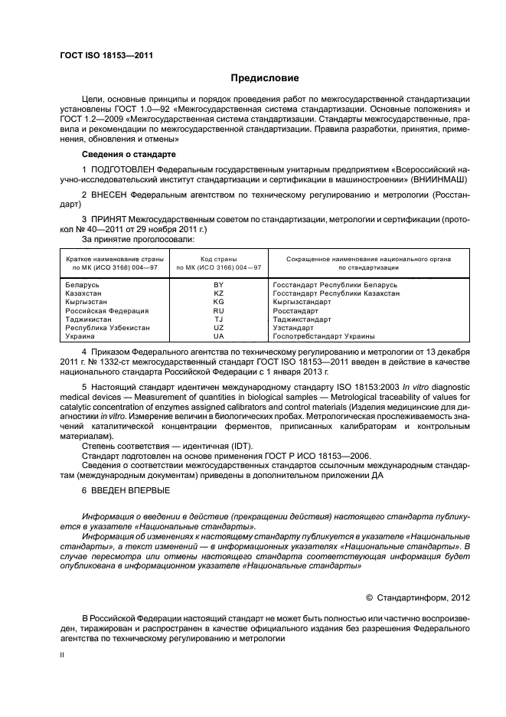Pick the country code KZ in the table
click(x=218, y=293)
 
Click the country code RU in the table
click(x=218, y=311)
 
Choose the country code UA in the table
click(x=218, y=336)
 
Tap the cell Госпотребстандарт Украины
click(x=313, y=336)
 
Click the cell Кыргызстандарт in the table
click(x=301, y=302)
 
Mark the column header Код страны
click(x=218, y=259)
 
